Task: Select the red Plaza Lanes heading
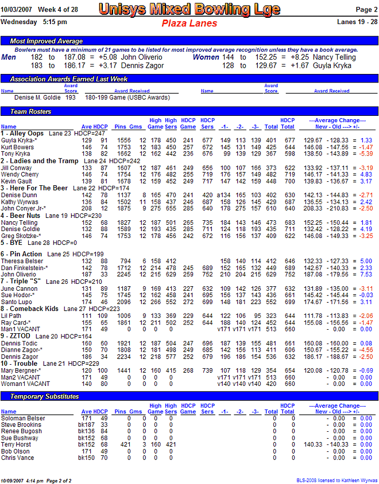[x=189, y=24]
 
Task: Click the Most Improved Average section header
[x=47, y=41]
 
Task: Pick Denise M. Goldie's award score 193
[x=71, y=98]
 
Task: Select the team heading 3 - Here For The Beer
[x=34, y=188]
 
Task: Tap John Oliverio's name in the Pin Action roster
[x=20, y=274]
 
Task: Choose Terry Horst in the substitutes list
[x=16, y=444]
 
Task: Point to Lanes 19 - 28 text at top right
[x=358, y=22]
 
